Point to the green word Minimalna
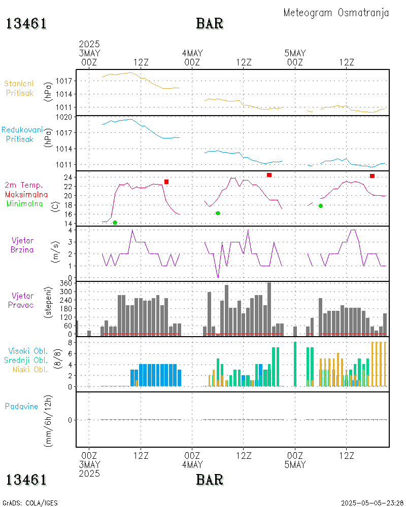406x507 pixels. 25,204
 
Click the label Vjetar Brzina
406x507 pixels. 23,245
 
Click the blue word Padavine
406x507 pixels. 21,407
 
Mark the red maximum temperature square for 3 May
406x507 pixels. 166,182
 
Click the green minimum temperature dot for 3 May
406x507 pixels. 115,223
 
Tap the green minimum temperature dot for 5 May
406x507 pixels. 321,205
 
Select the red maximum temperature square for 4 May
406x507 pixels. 269,175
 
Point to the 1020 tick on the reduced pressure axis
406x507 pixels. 66,117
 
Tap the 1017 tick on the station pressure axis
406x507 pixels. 66,81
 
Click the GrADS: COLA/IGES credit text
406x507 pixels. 30,503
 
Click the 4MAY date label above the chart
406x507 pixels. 192,53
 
